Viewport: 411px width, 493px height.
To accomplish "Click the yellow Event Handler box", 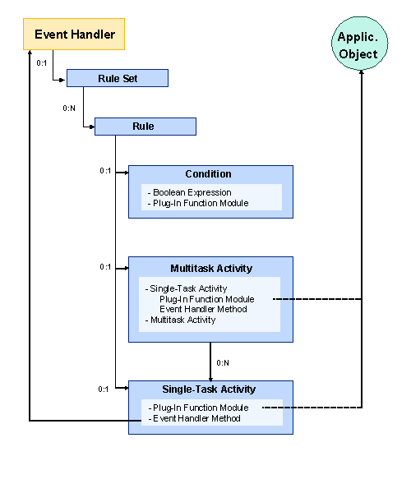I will point(74,35).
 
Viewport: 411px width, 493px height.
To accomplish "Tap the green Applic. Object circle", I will point(358,46).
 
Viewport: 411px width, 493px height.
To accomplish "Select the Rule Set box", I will point(117,78).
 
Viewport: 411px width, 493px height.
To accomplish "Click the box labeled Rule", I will point(144,127).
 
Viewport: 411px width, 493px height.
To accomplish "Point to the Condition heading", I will point(208,174).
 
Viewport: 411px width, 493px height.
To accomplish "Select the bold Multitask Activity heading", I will point(210,269).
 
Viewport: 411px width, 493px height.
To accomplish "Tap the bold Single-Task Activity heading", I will point(210,389).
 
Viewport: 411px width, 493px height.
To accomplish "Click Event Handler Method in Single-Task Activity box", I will point(195,418).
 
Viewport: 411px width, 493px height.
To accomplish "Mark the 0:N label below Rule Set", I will point(70,108).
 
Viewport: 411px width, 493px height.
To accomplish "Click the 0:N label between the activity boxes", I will point(223,362).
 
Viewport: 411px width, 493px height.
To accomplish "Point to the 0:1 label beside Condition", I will point(105,171).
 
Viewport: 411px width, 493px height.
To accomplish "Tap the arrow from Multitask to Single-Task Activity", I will point(210,362).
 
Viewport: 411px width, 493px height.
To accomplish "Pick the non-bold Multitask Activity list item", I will point(182,320).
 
